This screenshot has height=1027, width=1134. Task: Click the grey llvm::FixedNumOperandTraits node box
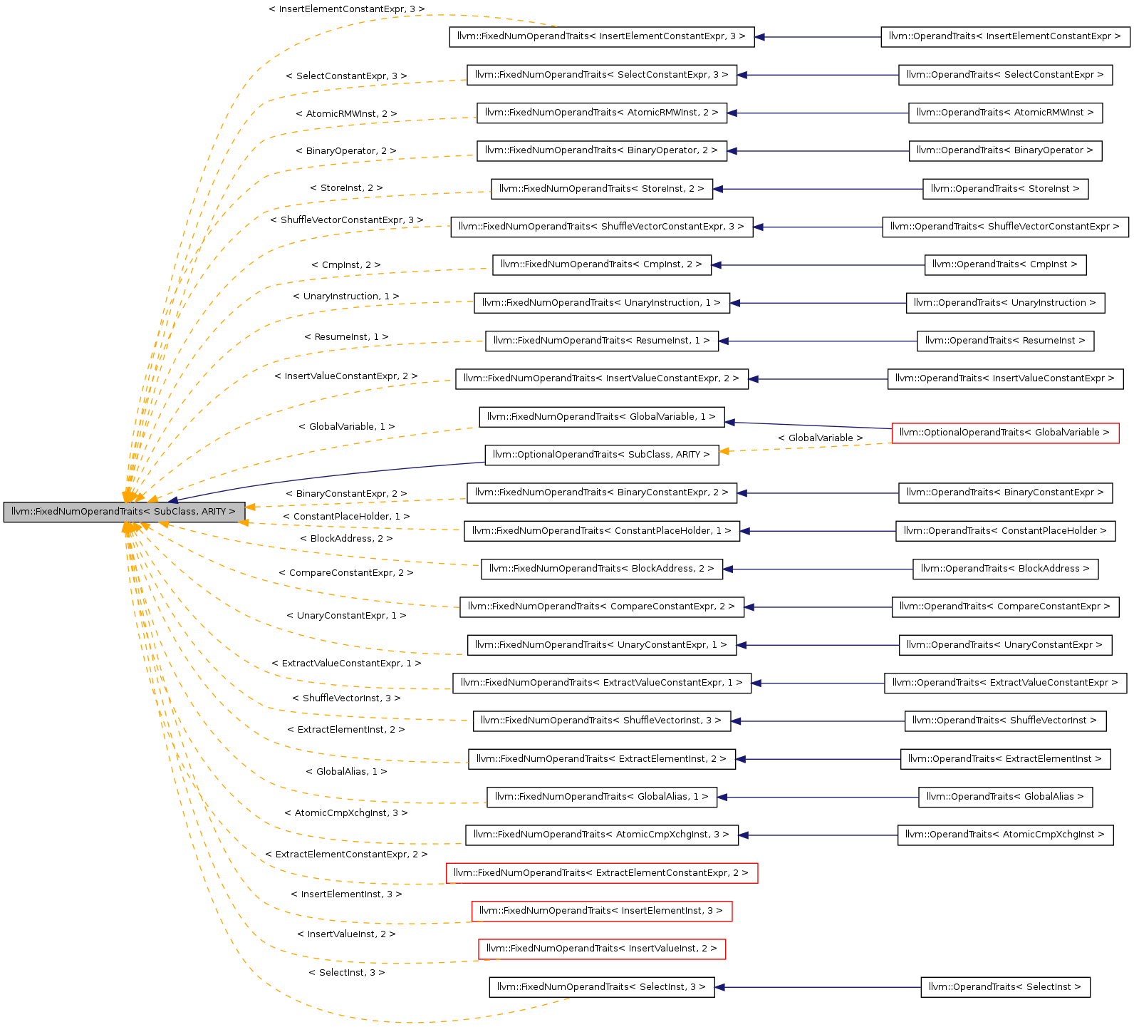point(124,512)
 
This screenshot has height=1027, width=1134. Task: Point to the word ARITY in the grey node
point(213,512)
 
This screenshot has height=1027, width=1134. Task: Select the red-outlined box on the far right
point(1005,433)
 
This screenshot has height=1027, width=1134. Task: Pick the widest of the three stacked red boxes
point(602,873)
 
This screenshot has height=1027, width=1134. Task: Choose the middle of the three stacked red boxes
point(602,912)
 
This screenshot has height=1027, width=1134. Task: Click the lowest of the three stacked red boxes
point(602,949)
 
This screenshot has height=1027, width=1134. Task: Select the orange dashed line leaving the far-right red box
point(805,448)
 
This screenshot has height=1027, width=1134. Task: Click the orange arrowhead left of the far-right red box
point(724,451)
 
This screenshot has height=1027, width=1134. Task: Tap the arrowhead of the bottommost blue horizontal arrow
point(719,987)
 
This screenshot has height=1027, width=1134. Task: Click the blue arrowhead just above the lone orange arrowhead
point(729,423)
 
